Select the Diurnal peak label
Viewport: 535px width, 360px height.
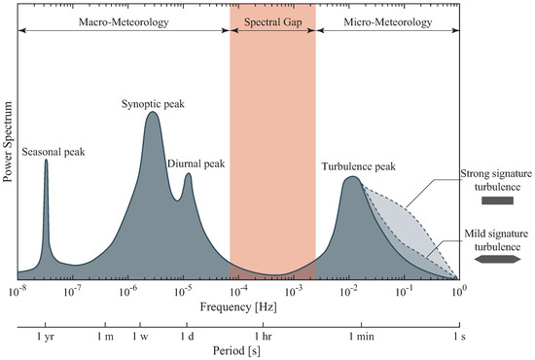coord(196,163)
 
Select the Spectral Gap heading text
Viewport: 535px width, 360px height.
coord(272,18)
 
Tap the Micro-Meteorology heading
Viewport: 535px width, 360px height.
coord(387,18)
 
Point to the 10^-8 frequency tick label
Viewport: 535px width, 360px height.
coord(17,291)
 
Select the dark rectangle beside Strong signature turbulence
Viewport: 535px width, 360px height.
coord(497,201)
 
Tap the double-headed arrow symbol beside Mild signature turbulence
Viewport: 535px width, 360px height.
coord(498,261)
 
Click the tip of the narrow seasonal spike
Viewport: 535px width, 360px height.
coord(46,161)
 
